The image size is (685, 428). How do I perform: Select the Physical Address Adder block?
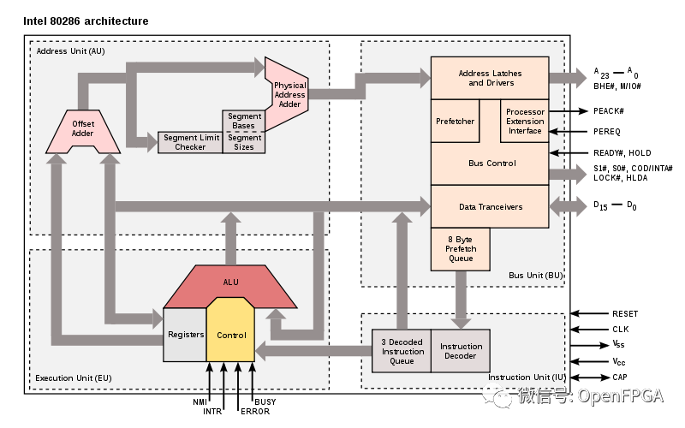[287, 94]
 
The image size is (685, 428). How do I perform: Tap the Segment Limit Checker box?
[190, 142]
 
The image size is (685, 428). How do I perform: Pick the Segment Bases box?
[244, 121]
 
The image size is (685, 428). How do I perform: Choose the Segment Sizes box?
[244, 142]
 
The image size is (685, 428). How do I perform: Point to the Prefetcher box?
[455, 121]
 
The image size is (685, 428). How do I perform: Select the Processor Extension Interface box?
[524, 121]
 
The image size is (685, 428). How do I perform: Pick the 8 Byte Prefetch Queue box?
[460, 248]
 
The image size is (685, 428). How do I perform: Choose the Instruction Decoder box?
[461, 351]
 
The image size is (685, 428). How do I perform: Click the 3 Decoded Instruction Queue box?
[401, 351]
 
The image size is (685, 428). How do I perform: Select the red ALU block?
[230, 282]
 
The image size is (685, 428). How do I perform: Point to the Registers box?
[185, 334]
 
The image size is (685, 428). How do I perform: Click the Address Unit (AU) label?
[70, 51]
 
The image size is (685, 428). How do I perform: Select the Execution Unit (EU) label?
[74, 377]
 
